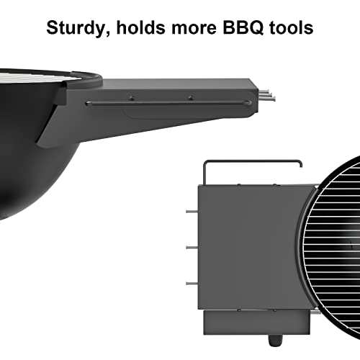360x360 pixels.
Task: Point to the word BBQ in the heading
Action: pos(246,30)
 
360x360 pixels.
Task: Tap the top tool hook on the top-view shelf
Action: pos(192,212)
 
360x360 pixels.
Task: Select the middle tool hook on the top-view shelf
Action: pos(192,247)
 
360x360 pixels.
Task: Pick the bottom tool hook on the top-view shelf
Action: pos(192,282)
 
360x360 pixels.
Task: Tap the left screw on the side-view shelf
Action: pos(131,98)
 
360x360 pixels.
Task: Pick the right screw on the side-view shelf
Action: pos(190,98)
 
